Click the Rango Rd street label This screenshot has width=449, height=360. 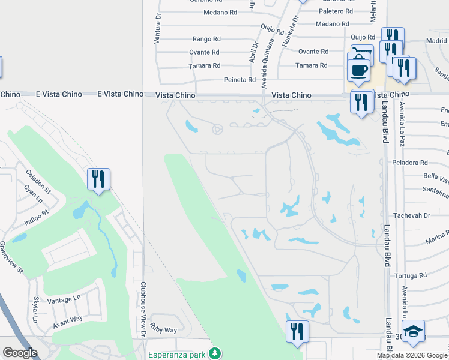tap(206, 39)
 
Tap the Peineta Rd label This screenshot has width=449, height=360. tap(240, 80)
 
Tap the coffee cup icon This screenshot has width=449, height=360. tap(359, 69)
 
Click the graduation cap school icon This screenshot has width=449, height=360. tap(413, 332)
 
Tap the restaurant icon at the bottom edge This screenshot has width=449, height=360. tap(297, 331)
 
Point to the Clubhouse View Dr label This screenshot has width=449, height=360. tap(143, 309)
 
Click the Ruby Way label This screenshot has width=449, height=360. tap(163, 329)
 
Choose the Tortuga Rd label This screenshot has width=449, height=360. tap(410, 275)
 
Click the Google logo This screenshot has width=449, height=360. tap(20, 353)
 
